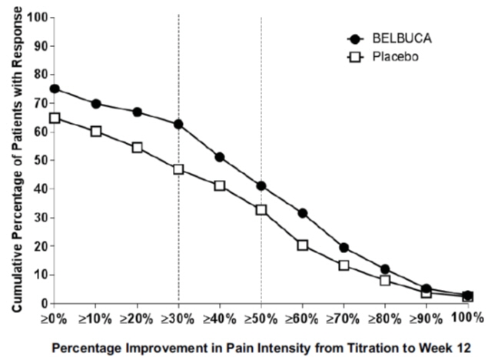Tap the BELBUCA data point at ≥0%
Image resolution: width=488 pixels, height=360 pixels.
pos(55,88)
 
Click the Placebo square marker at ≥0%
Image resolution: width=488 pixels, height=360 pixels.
pos(55,118)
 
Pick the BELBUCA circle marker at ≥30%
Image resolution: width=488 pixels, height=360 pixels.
pos(178,124)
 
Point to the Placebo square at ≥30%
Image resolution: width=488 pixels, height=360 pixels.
pos(178,168)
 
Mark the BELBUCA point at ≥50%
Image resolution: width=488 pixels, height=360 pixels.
pos(261,185)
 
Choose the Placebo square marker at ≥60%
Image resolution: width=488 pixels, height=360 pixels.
pos(303,245)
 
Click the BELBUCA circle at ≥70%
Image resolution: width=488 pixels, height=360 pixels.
pos(344,248)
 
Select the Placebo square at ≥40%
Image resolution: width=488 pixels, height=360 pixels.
pos(220,185)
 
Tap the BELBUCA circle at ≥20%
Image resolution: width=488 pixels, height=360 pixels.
pos(137,112)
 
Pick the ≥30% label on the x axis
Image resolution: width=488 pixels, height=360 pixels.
pos(178,318)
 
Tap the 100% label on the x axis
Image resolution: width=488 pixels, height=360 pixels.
pos(469,318)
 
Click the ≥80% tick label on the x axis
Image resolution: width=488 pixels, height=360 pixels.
pos(386,318)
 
